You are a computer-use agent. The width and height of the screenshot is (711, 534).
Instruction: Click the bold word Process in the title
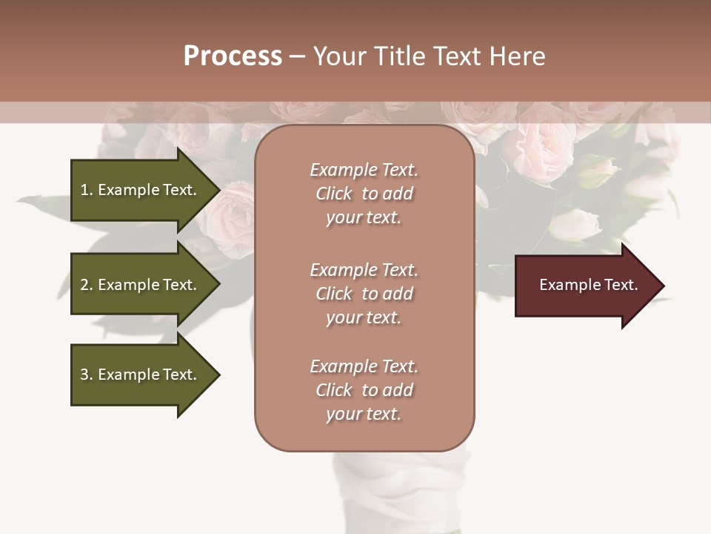233,56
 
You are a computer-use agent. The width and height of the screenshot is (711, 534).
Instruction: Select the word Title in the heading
401,56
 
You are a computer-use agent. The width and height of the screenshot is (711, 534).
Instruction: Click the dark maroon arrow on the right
585,286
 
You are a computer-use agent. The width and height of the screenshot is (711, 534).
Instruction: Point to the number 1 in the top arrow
84,190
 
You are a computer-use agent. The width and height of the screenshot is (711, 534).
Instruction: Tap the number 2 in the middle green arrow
84,285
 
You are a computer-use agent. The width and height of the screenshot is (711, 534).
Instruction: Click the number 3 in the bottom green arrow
84,375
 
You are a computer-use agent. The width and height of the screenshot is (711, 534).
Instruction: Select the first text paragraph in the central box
364,194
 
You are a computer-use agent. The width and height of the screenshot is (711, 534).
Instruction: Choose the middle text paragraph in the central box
364,293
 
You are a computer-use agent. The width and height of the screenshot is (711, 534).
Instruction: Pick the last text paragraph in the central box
364,389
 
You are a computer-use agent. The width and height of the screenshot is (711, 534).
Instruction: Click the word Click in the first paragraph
333,194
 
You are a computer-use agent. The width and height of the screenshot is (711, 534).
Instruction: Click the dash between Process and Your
297,57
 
